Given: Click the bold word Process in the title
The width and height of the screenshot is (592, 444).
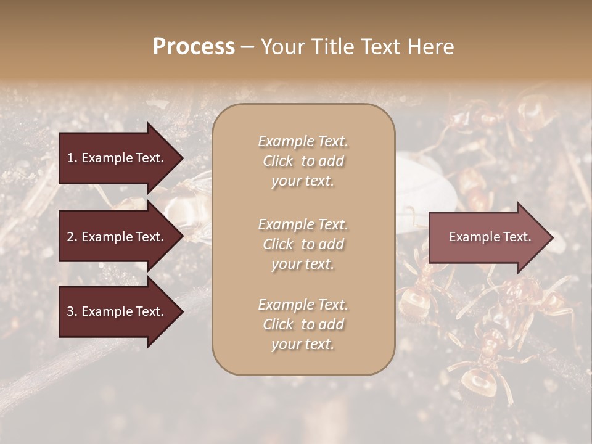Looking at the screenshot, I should coord(194,47).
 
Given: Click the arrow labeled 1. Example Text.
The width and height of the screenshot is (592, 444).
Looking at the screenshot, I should coord(117,158).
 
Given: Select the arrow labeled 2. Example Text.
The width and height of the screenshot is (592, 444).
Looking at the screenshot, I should coord(117,237).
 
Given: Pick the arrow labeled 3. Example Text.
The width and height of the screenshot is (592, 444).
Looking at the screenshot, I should coord(117,311).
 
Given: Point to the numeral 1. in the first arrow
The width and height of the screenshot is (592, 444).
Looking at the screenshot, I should coord(72,158).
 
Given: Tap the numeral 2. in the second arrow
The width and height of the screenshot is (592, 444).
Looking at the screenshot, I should coord(72,237).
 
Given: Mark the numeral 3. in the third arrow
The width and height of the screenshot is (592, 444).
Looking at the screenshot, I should coord(72,311).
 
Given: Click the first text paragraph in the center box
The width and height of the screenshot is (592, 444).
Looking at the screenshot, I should coord(303,161).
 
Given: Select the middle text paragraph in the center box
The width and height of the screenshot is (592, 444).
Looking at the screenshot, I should coord(303,244).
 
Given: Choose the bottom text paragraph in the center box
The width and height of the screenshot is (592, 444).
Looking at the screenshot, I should coord(303,324).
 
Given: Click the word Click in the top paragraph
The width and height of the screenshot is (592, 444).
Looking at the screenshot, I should coord(278,161).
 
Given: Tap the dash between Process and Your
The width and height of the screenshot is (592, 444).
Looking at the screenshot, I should coord(247,47).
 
